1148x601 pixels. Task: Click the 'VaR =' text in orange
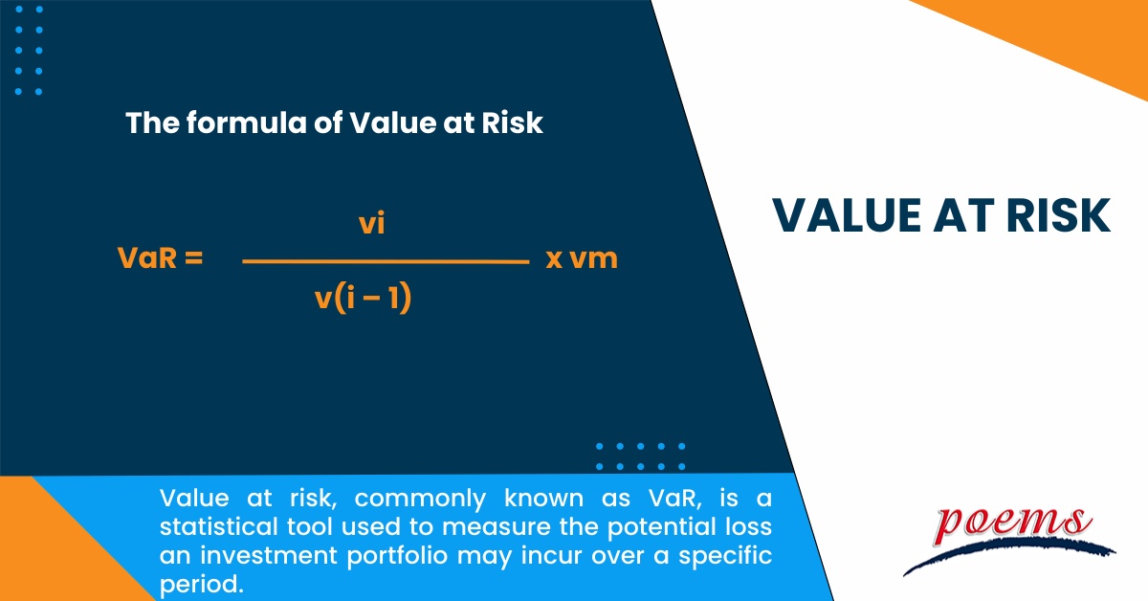click(x=160, y=258)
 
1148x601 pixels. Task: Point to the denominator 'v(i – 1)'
click(x=363, y=300)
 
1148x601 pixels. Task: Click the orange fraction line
click(x=386, y=261)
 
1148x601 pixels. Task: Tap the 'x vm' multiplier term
click(x=582, y=258)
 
